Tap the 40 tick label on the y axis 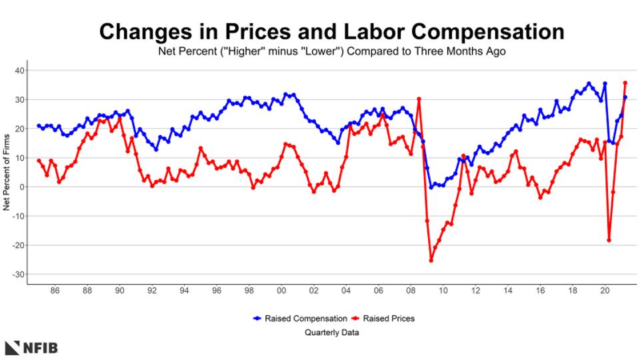pyautogui.click(x=20, y=71)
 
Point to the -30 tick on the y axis pyautogui.click(x=18, y=275)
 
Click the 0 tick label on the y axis pyautogui.click(x=22, y=187)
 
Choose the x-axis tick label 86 pyautogui.click(x=55, y=291)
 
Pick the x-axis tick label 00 pyautogui.click(x=281, y=291)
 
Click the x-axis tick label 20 pyautogui.click(x=605, y=291)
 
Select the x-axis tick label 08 pyautogui.click(x=411, y=291)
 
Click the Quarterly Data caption pyautogui.click(x=332, y=332)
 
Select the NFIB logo pyautogui.click(x=32, y=347)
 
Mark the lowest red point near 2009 pyautogui.click(x=431, y=261)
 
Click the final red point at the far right pyautogui.click(x=625, y=83)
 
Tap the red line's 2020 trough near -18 pyautogui.click(x=609, y=240)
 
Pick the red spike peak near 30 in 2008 pyautogui.click(x=419, y=99)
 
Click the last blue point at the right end pyautogui.click(x=625, y=97)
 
